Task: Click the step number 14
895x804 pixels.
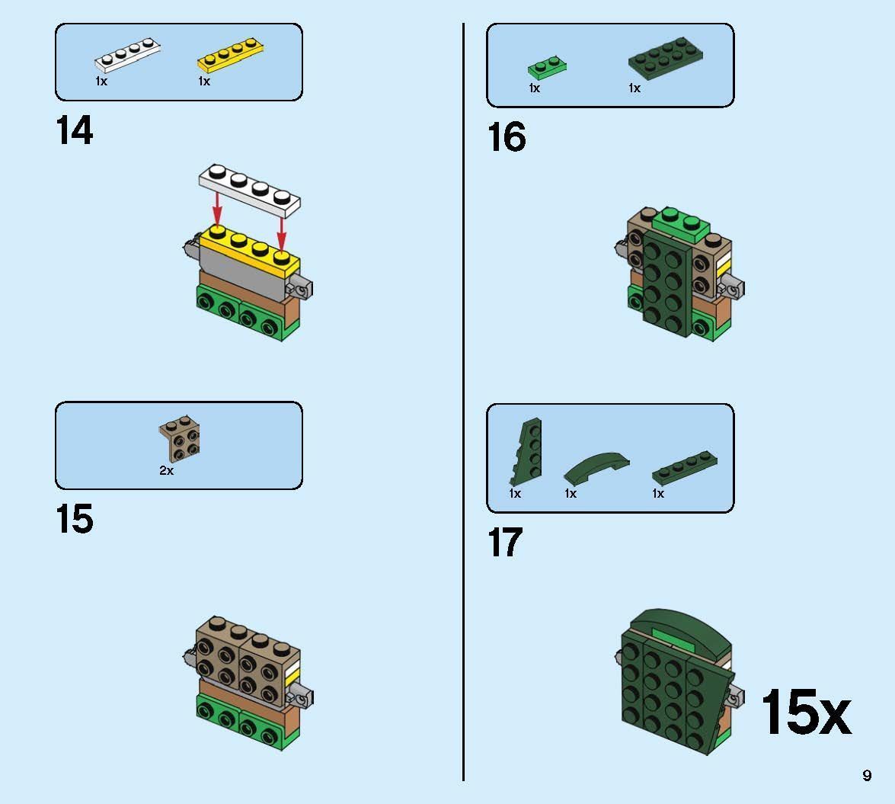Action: pos(74,130)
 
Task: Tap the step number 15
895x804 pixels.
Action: pos(74,519)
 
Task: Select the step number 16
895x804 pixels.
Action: pos(507,137)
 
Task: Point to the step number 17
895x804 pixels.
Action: pos(504,543)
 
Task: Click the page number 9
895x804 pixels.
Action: pos(867,775)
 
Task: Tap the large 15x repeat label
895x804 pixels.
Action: pos(806,712)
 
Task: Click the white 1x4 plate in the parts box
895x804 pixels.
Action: pos(127,55)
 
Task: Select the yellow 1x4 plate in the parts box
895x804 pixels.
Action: pos(231,55)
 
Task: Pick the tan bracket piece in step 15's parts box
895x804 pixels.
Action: pos(179,438)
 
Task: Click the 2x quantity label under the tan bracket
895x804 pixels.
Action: pos(166,470)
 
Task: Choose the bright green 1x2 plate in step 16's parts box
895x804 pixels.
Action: pos(547,67)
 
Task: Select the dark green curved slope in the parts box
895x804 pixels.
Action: pos(596,466)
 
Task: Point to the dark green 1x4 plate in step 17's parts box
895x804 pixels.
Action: pos(685,468)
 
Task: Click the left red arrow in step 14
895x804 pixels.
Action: pos(217,209)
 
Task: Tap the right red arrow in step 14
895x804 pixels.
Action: pos(281,234)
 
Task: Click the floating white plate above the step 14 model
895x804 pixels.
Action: pos(250,191)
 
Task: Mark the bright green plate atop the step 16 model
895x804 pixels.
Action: pos(682,224)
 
